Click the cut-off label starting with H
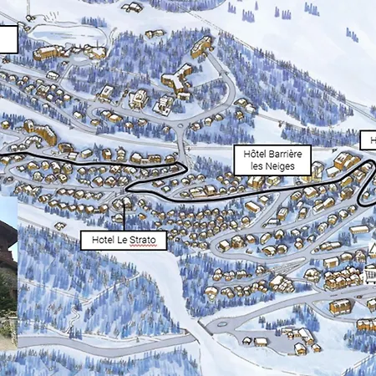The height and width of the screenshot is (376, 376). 368,140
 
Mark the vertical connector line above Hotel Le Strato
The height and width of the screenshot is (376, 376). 123,213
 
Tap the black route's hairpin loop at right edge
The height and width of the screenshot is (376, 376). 368,184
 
